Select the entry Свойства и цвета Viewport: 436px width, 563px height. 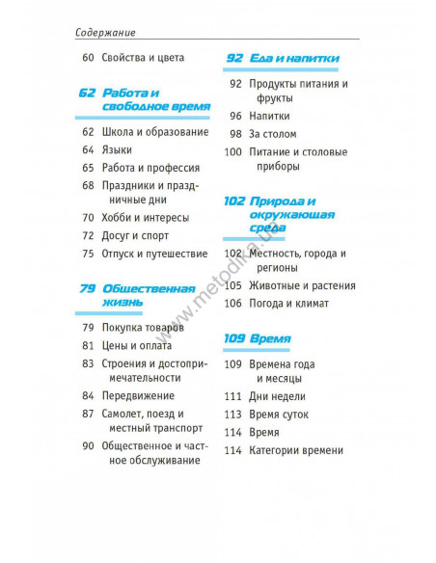click(x=142, y=59)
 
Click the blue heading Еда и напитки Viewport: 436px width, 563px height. click(x=291, y=59)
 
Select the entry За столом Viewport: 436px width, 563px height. click(x=272, y=134)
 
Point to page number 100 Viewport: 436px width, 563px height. click(x=232, y=151)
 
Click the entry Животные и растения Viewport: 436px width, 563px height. click(x=302, y=285)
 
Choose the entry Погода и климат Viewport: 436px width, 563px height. click(x=288, y=303)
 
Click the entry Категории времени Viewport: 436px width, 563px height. click(x=295, y=450)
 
